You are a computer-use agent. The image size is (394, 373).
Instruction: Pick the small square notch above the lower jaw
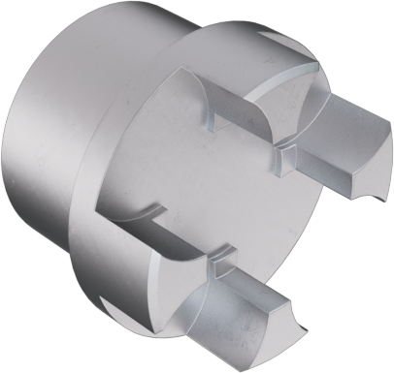point(220,259)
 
